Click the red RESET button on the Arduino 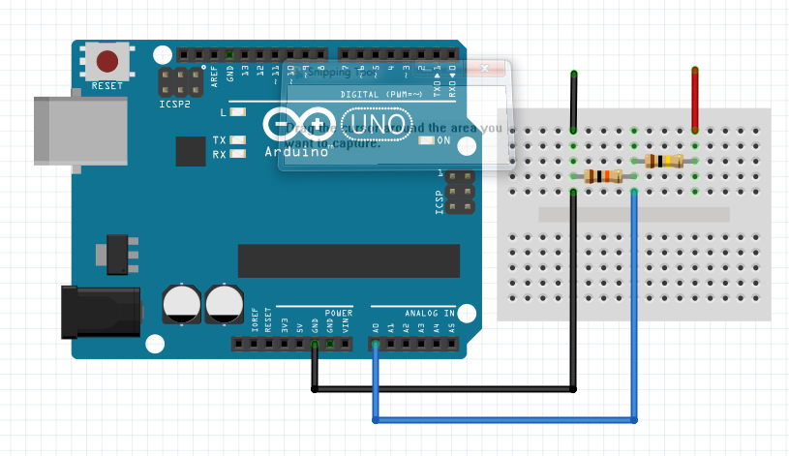pyautogui.click(x=106, y=63)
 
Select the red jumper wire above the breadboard pyautogui.click(x=694, y=99)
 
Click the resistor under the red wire pyautogui.click(x=663, y=162)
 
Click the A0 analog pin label pyautogui.click(x=375, y=327)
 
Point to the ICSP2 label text pyautogui.click(x=176, y=105)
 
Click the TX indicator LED pyautogui.click(x=238, y=140)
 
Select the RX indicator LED pyautogui.click(x=238, y=154)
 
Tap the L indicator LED pyautogui.click(x=238, y=113)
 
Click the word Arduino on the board pyautogui.click(x=294, y=152)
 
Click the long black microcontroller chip pyautogui.click(x=335, y=261)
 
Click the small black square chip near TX pyautogui.click(x=191, y=151)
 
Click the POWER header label pyautogui.click(x=339, y=313)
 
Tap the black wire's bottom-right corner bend pyautogui.click(x=574, y=389)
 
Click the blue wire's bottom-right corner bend pyautogui.click(x=635, y=420)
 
